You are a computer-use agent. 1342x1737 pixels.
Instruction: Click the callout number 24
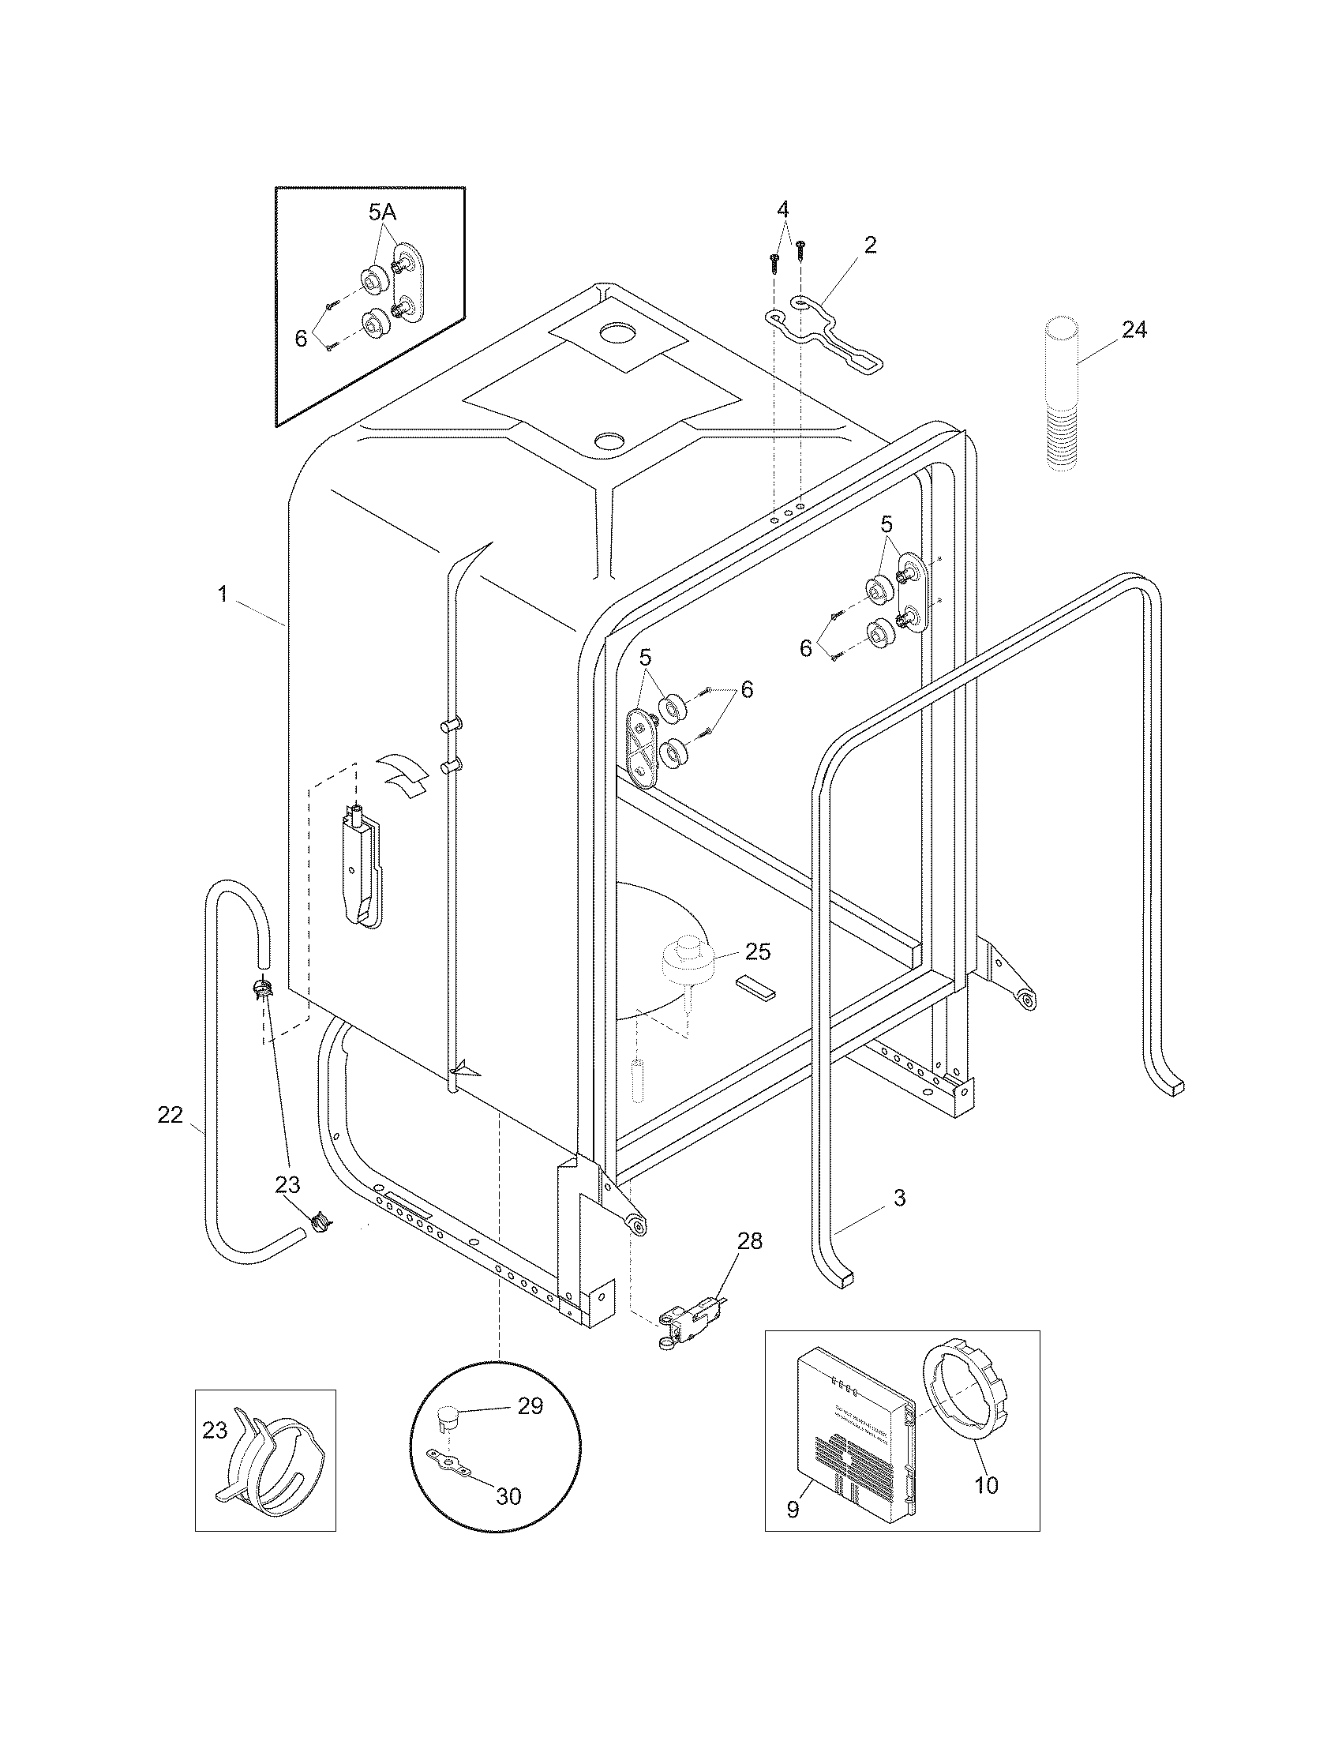[x=1134, y=330]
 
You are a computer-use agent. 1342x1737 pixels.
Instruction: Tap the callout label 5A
[x=382, y=212]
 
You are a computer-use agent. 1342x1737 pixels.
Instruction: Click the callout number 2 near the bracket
[x=870, y=245]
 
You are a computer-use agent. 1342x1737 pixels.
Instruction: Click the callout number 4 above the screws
[x=783, y=210]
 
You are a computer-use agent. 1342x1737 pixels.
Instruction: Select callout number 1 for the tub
[x=223, y=594]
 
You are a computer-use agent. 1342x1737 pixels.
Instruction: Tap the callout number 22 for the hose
[x=170, y=1115]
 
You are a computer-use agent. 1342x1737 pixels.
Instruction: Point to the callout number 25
[x=758, y=952]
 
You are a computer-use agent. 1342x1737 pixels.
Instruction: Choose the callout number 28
[x=750, y=1240]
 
